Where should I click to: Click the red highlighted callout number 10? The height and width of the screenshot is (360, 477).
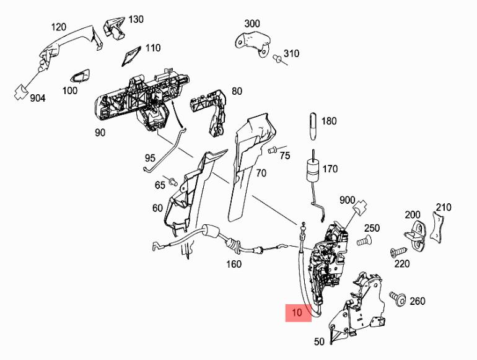pos(297,312)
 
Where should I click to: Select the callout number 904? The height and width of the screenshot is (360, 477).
pos(38,97)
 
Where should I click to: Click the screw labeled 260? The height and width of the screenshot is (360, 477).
pos(398,300)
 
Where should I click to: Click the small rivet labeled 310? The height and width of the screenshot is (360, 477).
pos(278,59)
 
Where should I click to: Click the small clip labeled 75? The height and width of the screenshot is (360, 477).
pos(272,150)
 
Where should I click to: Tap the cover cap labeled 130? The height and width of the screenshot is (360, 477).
pos(113,25)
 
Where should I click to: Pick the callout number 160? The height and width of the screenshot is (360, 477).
pos(233,265)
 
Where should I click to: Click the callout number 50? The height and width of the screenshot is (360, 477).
pos(319,341)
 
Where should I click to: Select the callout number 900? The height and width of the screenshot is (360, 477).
pos(347,200)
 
